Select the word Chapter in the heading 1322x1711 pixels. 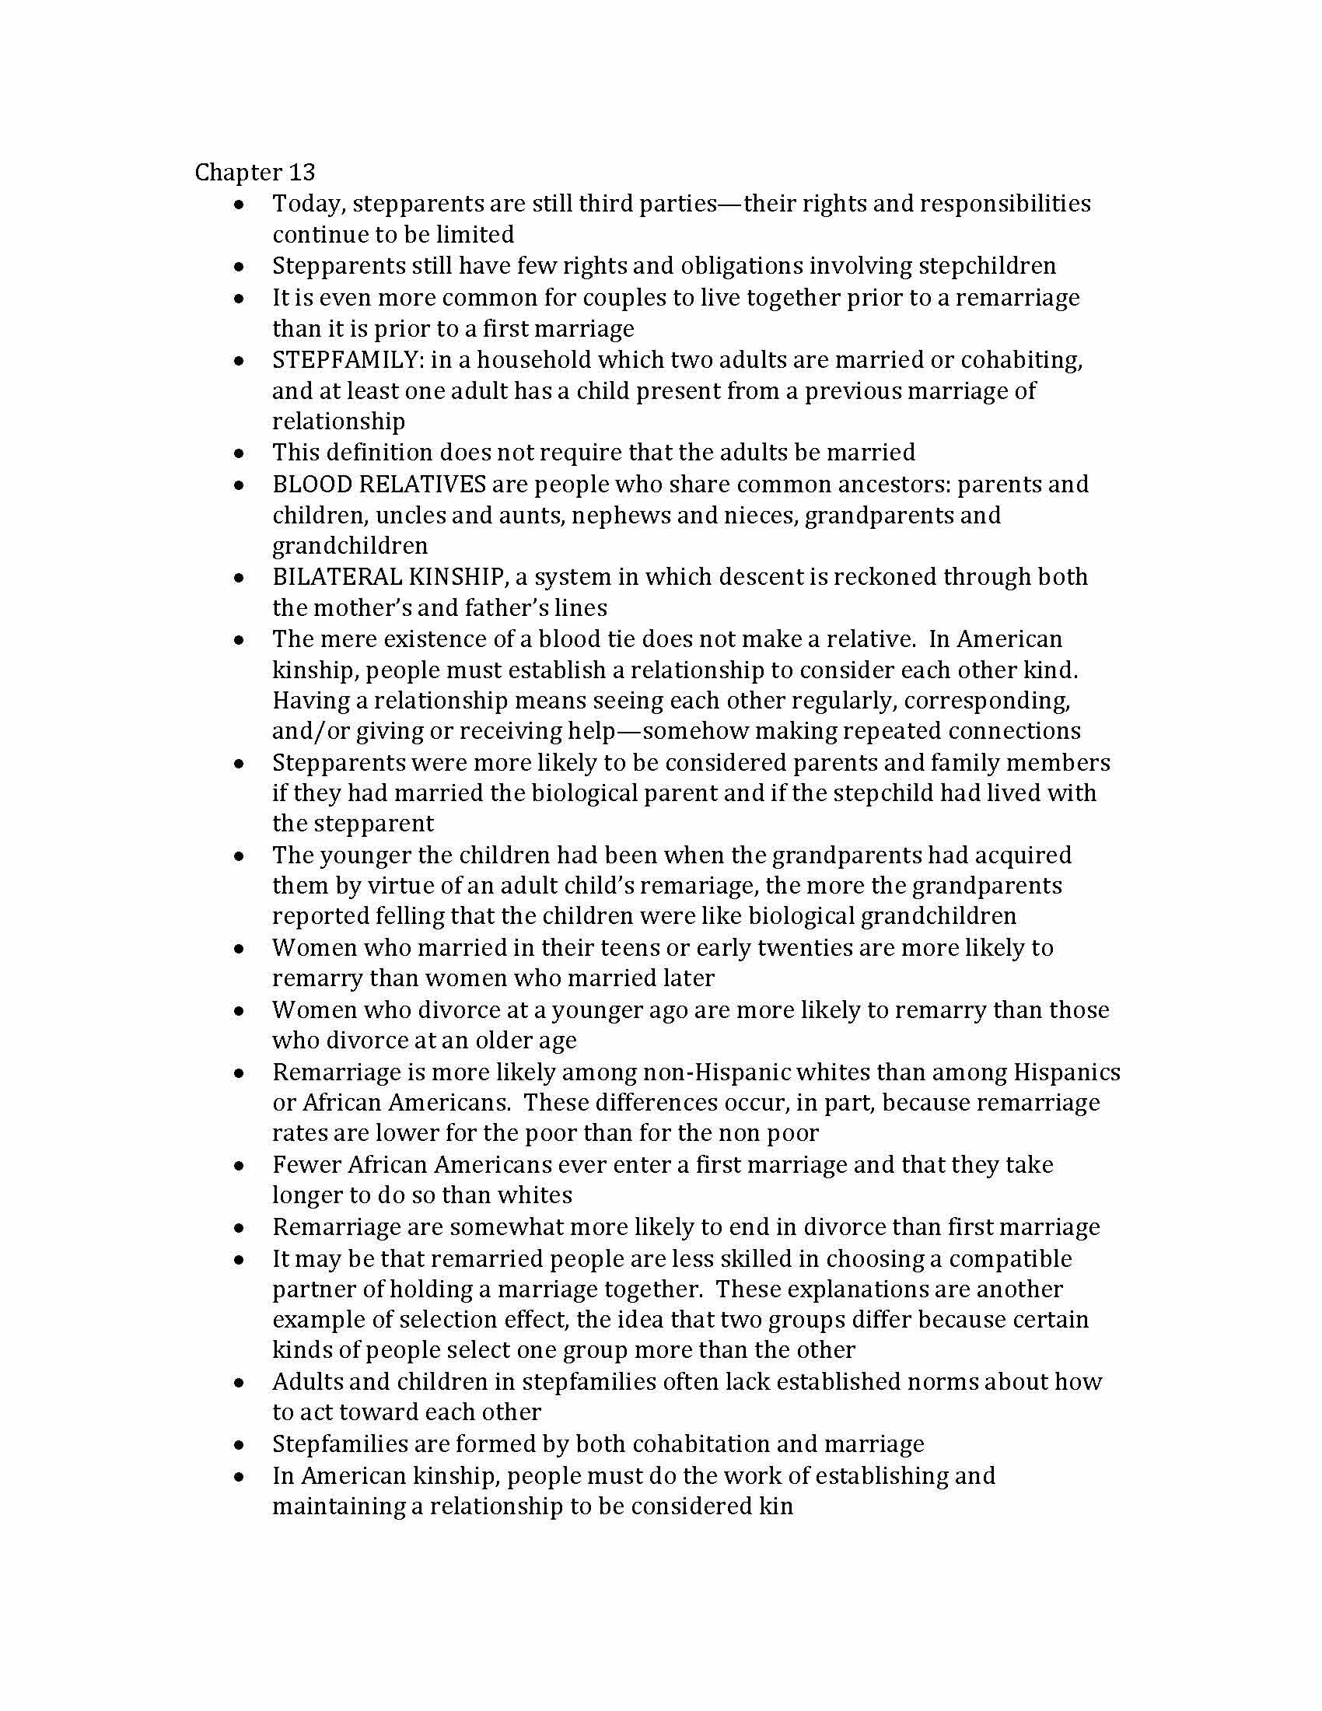pos(238,173)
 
